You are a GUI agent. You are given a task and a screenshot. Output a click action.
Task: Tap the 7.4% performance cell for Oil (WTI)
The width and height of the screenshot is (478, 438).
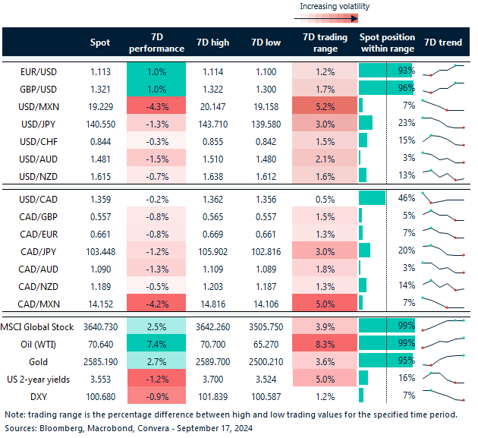click(157, 343)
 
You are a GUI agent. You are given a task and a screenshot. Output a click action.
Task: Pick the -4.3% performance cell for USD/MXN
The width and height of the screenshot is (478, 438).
click(157, 106)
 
